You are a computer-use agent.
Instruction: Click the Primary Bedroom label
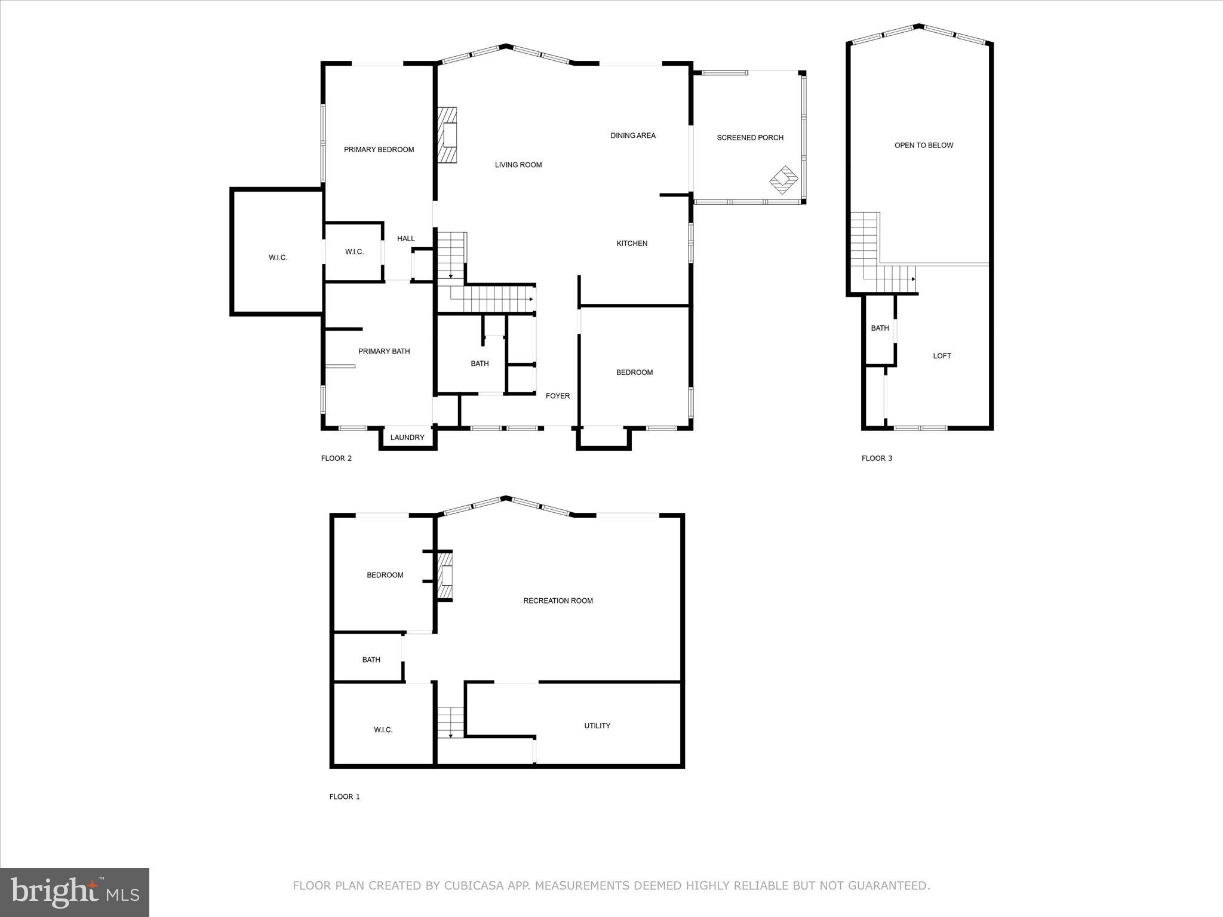coord(379,150)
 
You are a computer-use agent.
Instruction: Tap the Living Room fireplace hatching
coord(447,135)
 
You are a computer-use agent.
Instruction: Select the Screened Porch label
coord(750,138)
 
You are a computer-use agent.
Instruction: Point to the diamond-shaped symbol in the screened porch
coord(784,179)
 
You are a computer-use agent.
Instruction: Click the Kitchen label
coord(632,244)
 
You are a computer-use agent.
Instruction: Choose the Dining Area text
coord(633,136)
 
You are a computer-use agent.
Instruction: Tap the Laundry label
coord(407,438)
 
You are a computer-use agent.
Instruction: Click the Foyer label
coord(558,396)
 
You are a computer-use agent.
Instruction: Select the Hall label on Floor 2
coord(406,239)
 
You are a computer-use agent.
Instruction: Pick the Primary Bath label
coord(384,352)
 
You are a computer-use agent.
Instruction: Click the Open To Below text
coord(924,146)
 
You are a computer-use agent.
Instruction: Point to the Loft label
coord(942,356)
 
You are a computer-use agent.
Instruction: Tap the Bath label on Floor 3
coord(880,328)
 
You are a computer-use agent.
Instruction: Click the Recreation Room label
coord(558,601)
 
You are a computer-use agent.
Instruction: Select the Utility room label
coord(597,726)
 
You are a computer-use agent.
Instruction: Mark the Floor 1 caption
coord(345,797)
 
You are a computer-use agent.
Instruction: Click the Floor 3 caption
coord(877,458)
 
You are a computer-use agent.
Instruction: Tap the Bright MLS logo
coord(75,892)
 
